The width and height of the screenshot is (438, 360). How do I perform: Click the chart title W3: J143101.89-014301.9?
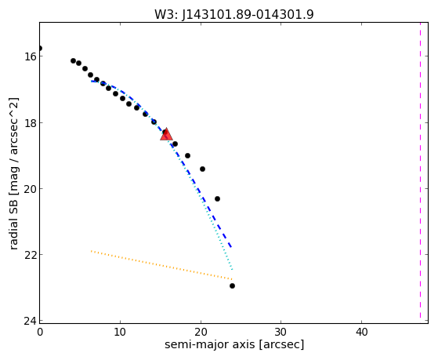[234, 14]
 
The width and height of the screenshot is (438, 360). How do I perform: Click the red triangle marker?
[166, 135]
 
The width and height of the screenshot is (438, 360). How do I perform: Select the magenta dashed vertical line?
[420, 170]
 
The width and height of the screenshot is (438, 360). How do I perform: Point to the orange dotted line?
[161, 265]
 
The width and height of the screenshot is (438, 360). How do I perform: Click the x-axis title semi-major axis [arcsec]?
[234, 344]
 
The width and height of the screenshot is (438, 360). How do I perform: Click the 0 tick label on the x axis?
[40, 332]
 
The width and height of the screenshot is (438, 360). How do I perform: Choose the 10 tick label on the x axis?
[120, 332]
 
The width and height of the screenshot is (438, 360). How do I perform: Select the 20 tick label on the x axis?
[201, 332]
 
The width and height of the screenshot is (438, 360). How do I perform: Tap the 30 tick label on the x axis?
[281, 332]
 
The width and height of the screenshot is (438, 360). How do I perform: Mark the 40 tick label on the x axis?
[361, 332]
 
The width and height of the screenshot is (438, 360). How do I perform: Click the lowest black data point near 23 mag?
[232, 285]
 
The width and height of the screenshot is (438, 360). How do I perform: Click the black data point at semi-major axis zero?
[40, 49]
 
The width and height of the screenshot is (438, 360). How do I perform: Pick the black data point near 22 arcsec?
[217, 199]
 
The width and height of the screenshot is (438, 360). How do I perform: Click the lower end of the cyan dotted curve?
[232, 270]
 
